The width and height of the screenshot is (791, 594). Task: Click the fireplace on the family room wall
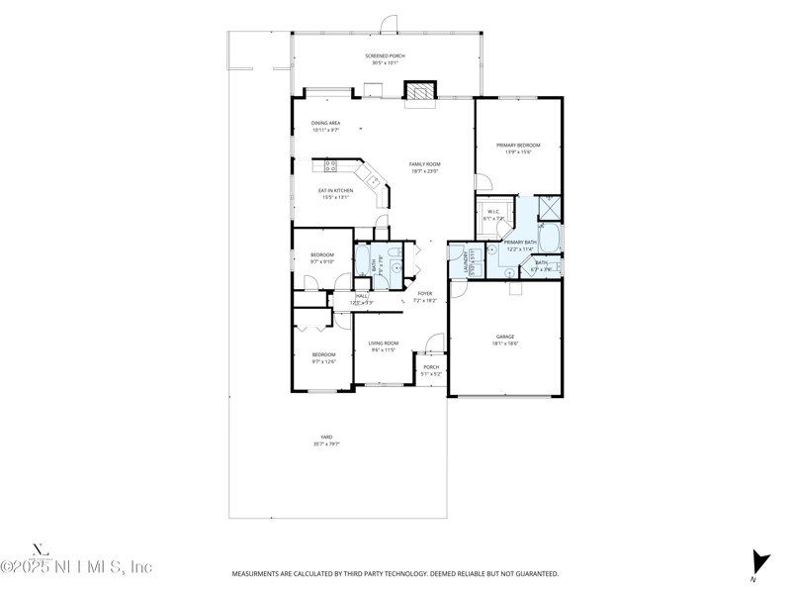point(419,91)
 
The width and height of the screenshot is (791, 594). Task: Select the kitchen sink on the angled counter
point(373,180)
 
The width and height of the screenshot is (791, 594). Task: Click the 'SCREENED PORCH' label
point(386,56)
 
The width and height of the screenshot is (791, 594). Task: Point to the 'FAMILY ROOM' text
point(425,163)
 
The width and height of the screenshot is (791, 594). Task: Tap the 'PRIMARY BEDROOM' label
point(518,145)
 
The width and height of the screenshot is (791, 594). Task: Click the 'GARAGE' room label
point(505,337)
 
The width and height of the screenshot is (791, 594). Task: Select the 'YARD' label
point(325,437)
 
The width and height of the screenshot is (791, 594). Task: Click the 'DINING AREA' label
point(326,123)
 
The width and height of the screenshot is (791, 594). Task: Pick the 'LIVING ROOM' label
point(383,344)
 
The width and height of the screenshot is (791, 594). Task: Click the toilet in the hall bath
point(394,263)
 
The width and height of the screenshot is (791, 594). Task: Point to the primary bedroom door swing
point(483,182)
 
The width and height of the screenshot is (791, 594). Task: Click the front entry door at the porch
point(432,344)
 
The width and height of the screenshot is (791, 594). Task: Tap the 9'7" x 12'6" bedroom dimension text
point(324,362)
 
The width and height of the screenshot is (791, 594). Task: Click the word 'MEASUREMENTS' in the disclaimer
point(259,573)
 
